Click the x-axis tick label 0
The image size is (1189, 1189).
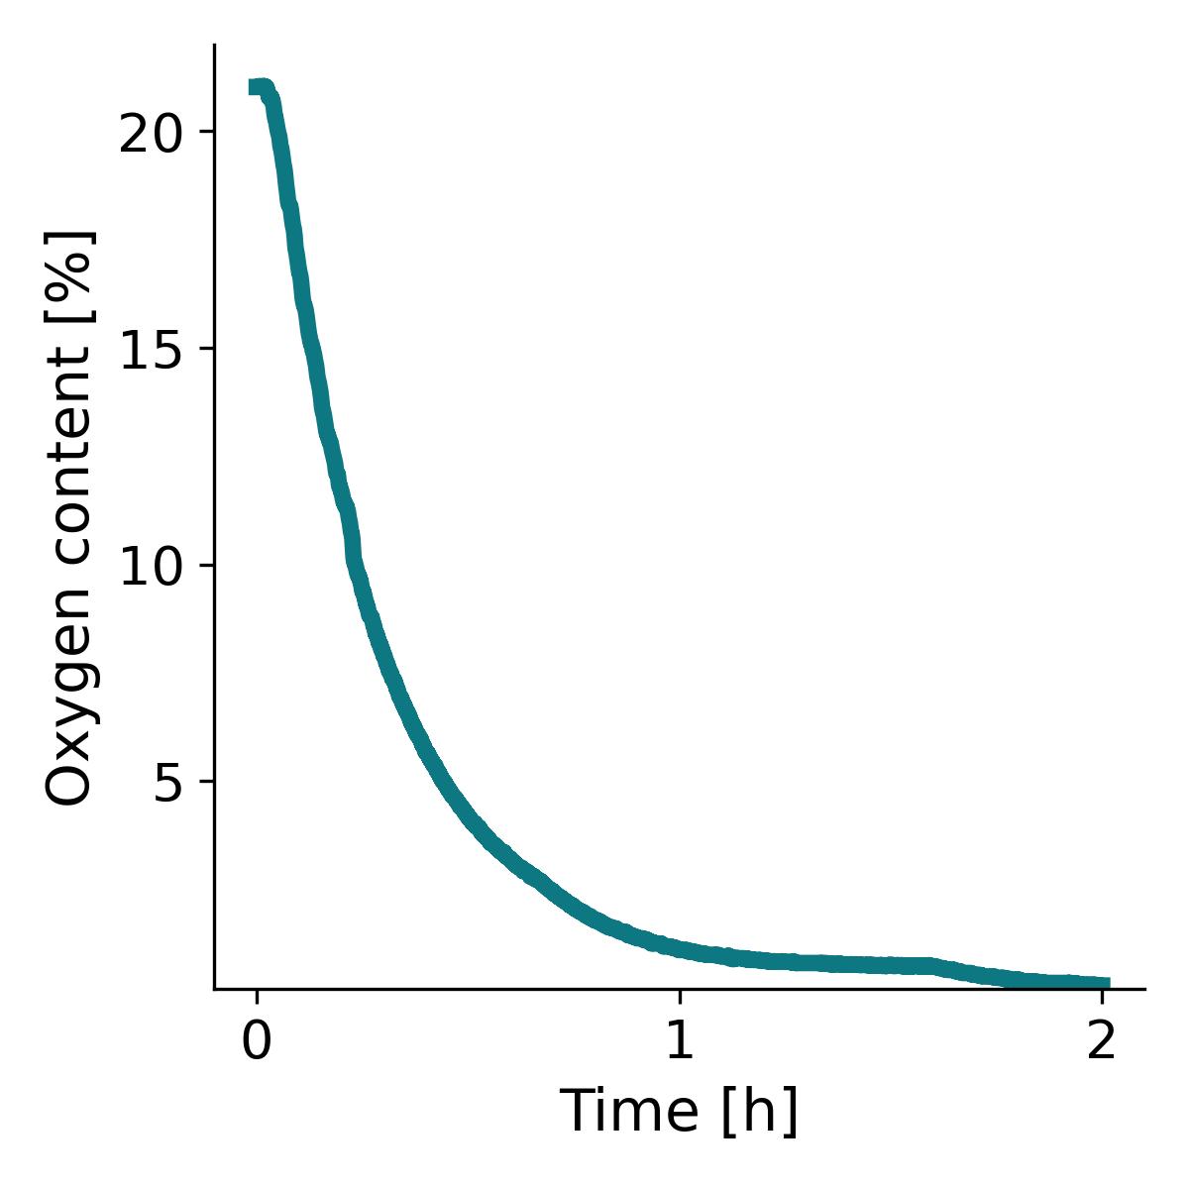click(x=257, y=1043)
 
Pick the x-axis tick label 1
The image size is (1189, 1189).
click(x=679, y=1043)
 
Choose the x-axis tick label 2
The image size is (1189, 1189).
click(x=1101, y=1043)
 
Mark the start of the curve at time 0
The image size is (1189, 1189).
click(x=257, y=87)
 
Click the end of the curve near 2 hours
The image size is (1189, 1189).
click(x=1106, y=983)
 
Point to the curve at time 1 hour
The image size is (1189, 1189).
click(x=679, y=947)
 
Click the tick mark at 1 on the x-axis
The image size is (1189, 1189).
click(x=679, y=995)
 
